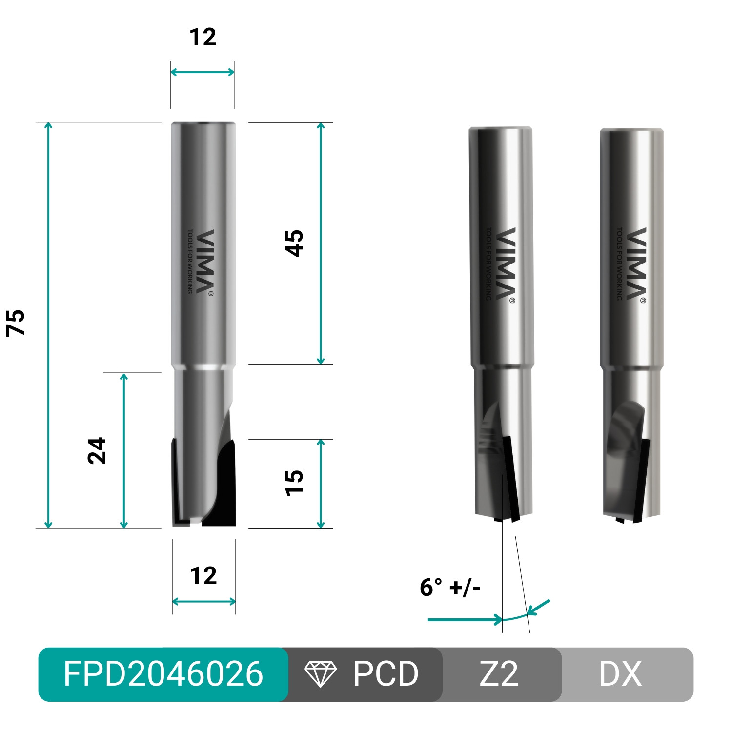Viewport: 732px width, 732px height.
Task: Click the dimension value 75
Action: tap(16, 323)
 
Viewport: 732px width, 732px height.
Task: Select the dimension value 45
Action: tap(294, 243)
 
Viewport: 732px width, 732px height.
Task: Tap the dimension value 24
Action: tap(97, 450)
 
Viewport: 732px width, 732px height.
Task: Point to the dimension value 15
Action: tap(294, 483)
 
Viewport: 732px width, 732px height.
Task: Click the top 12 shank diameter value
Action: tap(203, 38)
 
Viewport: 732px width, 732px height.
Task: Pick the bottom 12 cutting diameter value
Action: tap(203, 576)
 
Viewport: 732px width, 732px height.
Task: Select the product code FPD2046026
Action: tap(163, 674)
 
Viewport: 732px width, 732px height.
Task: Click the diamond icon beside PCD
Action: tap(320, 674)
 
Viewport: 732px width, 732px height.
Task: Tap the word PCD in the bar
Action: tap(386, 674)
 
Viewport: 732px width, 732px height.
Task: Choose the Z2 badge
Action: tap(499, 674)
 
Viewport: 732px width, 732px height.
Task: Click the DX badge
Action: tap(620, 674)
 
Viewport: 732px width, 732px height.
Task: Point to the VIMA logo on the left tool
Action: tap(204, 262)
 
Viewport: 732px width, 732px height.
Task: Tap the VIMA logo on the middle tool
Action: tap(506, 264)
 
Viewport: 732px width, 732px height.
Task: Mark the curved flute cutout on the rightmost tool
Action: tap(627, 425)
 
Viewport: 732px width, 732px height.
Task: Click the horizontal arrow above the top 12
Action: tap(203, 72)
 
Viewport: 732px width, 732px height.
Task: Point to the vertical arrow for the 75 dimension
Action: tap(48, 325)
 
